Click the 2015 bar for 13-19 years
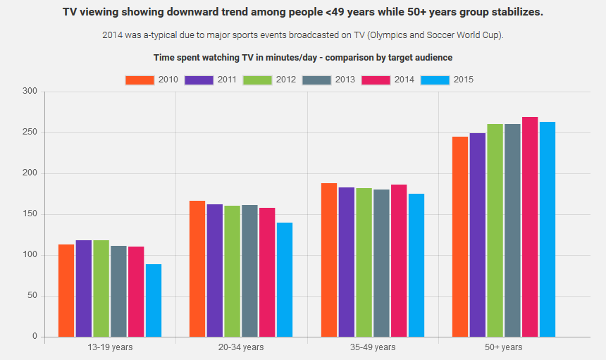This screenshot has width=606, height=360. (154, 300)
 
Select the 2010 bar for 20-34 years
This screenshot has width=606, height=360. (197, 268)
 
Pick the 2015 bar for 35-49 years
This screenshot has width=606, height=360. (416, 265)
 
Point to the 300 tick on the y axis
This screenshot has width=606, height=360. (30, 92)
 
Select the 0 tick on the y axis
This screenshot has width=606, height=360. (34, 337)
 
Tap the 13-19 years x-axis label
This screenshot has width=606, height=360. (110, 347)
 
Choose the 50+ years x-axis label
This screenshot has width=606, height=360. (503, 347)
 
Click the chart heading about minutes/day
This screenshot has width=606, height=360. (303, 57)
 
